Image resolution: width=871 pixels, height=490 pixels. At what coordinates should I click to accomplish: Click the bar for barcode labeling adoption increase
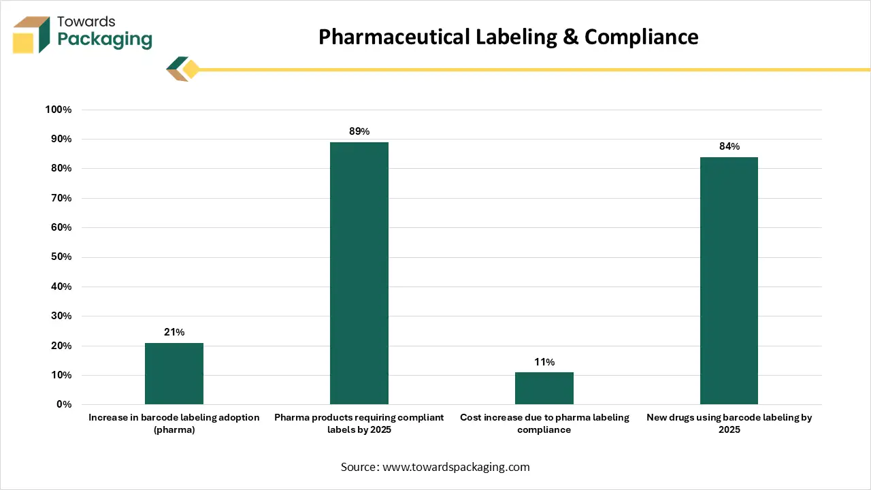174,374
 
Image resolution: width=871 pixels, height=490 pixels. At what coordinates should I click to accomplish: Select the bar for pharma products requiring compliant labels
359,273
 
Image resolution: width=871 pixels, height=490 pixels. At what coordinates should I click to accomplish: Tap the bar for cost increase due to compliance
544,388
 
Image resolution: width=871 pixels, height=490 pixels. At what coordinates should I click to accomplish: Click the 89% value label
359,131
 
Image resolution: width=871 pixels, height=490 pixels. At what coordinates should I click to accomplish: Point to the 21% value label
174,332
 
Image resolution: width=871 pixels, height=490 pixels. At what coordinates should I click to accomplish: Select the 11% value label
544,361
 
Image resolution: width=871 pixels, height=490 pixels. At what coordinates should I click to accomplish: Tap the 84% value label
729,146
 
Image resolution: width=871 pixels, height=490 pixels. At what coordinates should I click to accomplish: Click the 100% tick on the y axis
58,110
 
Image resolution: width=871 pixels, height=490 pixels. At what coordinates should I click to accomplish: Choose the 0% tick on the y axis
63,405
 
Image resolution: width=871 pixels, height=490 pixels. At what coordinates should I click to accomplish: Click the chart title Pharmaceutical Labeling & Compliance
508,37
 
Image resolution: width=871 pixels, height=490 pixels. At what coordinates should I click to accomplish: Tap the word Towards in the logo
86,22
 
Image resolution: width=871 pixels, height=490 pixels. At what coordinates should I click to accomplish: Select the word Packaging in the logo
105,39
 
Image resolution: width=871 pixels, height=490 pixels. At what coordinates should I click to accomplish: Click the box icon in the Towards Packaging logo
31,35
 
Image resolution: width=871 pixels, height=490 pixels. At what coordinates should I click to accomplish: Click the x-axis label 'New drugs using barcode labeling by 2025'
729,423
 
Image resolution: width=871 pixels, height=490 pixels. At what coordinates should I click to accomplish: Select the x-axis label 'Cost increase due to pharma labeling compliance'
544,423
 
